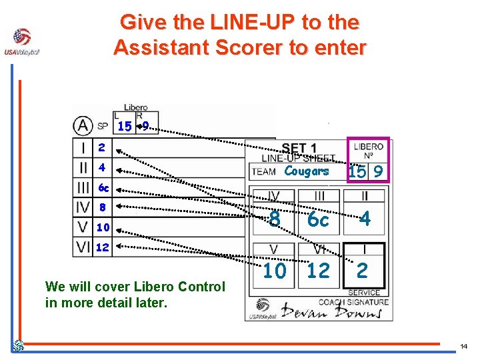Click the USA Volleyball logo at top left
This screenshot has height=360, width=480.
coord(21,41)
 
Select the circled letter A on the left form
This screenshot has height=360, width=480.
coord(83,125)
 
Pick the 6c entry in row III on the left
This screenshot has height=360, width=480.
coord(103,187)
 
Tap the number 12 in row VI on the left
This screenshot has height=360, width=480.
coord(103,247)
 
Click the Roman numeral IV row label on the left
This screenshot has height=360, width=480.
coord(83,207)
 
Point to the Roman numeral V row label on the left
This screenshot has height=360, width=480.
coord(83,227)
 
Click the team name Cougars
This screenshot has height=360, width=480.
coord(307,171)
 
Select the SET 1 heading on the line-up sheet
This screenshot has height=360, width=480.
coord(299,148)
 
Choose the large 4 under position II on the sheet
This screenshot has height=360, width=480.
coord(364,219)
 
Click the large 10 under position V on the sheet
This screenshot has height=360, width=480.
coord(274,271)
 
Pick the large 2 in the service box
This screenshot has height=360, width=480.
coord(362,270)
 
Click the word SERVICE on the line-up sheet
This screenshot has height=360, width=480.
coord(364,293)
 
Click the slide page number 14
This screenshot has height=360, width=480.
coord(464,347)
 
